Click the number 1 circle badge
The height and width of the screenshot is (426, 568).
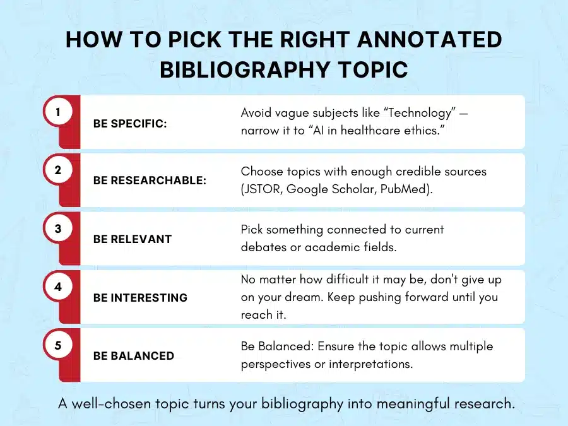point(58,112)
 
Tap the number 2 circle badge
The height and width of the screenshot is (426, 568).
point(58,170)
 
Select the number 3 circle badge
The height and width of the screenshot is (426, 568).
point(58,228)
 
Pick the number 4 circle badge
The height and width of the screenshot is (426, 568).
point(58,287)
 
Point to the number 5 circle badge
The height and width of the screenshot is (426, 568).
point(58,345)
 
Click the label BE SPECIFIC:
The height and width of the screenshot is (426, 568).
point(130,124)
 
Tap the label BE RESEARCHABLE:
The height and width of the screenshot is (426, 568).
point(150,180)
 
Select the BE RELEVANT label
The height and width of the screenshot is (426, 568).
point(133,239)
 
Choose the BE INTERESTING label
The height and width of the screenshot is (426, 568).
point(140,297)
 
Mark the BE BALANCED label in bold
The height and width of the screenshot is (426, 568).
point(134,356)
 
